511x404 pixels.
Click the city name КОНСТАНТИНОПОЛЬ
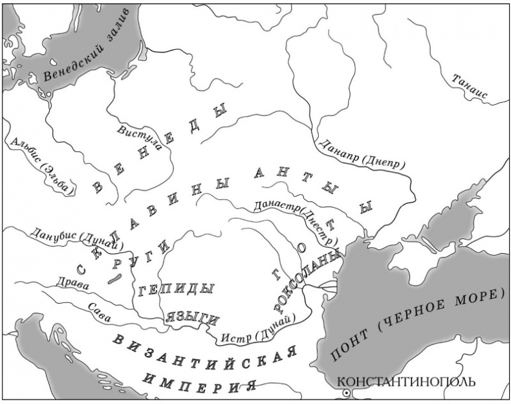pyautogui.click(x=406, y=381)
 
